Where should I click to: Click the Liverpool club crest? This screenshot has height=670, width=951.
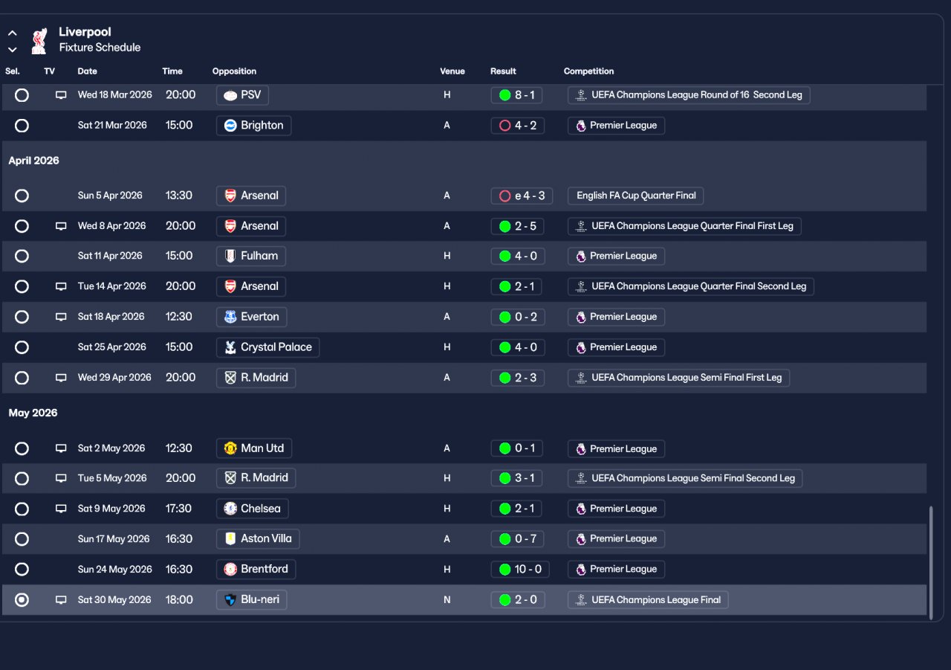[x=39, y=41]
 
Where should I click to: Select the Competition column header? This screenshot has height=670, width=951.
[x=588, y=71]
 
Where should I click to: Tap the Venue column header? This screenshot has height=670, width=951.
[x=452, y=71]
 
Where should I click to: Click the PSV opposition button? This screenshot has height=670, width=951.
[x=242, y=94]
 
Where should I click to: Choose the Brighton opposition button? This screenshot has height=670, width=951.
[x=253, y=126]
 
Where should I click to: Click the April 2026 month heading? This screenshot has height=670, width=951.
[x=33, y=161]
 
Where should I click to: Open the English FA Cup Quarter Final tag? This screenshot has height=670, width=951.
[x=635, y=196]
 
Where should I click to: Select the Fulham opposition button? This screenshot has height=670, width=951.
[x=251, y=257]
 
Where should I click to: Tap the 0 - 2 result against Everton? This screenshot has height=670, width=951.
[x=518, y=317]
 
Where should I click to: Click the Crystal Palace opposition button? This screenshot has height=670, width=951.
[x=267, y=347]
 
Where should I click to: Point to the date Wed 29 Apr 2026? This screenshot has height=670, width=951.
[x=114, y=378]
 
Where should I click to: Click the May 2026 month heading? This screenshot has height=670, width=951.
[x=33, y=413]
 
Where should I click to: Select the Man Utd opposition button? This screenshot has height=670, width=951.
[x=254, y=448]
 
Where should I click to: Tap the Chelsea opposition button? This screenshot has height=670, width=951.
[x=252, y=509]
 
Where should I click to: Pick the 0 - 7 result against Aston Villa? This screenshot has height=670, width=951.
[x=518, y=539]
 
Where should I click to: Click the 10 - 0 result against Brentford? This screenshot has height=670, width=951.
[x=519, y=570]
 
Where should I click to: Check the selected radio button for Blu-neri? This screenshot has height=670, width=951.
[x=22, y=600]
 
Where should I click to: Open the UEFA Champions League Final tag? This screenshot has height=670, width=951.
[x=648, y=600]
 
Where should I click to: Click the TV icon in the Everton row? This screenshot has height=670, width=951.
[x=61, y=317]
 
